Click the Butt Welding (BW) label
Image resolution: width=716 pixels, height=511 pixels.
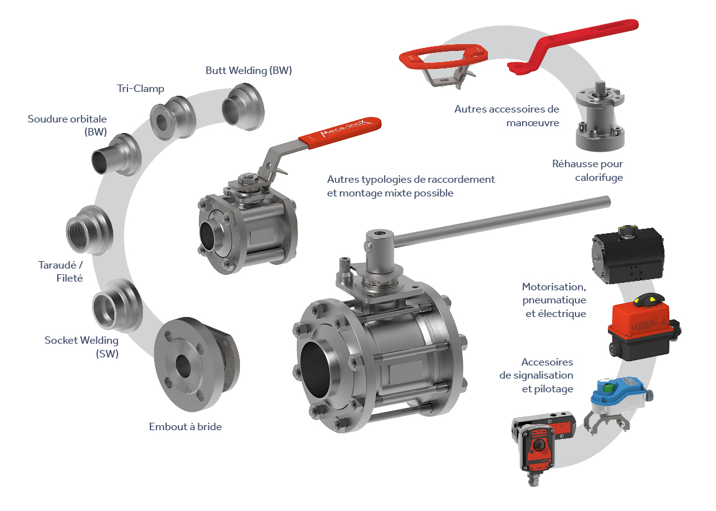tap(249, 70)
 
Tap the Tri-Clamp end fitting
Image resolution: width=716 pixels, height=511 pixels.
tap(173, 118)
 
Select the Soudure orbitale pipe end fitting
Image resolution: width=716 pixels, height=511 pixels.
tap(116, 155)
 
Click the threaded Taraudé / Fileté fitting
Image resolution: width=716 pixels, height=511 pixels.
tap(89, 231)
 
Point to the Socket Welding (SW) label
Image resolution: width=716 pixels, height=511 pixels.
tap(82, 347)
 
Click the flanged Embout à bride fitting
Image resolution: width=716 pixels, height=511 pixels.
tap(196, 364)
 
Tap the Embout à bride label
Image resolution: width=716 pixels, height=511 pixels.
tap(185, 426)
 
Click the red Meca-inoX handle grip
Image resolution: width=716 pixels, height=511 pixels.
tap(340, 132)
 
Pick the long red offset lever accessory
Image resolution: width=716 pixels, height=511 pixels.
tap(573, 45)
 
